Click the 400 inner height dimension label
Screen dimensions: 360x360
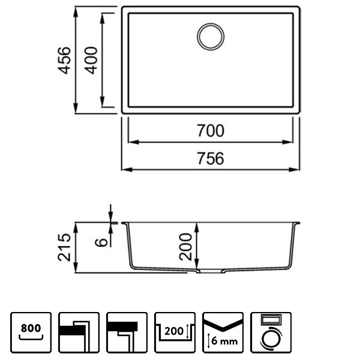91,59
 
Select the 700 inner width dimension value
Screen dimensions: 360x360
210,130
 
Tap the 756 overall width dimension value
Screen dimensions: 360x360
210,158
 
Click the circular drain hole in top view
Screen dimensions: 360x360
210,36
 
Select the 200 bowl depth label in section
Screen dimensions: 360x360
187,246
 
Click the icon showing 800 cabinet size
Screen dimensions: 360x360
31,332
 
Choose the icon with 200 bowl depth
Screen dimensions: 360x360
175,332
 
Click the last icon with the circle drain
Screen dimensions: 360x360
271,332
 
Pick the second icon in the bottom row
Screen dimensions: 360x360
79,332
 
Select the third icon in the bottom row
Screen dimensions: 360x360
127,332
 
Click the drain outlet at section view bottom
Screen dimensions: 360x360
209,272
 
